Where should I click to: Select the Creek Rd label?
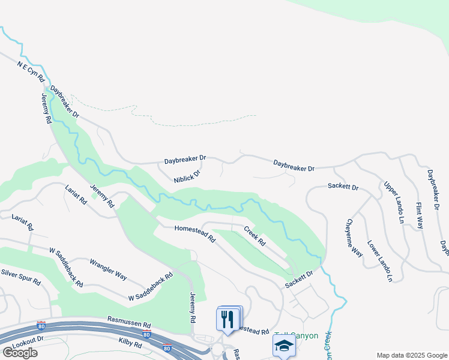[254, 235]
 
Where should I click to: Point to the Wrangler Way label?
[108, 269]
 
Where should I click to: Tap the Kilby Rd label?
[130, 344]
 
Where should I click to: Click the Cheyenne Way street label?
[354, 238]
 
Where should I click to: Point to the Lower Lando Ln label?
[379, 261]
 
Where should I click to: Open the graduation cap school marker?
[283, 346]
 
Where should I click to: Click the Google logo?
[20, 352]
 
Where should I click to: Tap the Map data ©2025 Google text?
[411, 355]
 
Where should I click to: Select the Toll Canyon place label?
[297, 335]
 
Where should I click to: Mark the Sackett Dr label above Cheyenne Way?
[343, 187]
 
